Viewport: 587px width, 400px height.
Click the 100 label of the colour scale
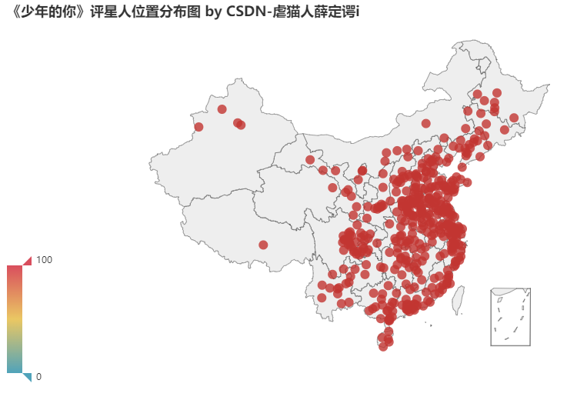click(44, 260)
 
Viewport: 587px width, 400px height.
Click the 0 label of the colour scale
click(38, 376)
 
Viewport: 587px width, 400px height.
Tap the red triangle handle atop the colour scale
click(27, 261)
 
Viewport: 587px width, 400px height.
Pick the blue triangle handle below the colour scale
click(27, 376)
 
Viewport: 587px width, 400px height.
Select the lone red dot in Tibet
click(263, 245)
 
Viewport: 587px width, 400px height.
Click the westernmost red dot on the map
click(198, 127)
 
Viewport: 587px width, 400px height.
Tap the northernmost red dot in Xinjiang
click(222, 109)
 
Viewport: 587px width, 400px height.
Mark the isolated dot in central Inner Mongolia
click(425, 123)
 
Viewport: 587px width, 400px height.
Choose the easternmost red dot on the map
click(513, 118)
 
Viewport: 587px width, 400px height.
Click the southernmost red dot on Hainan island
click(383, 347)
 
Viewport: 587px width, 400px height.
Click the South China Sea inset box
click(510, 316)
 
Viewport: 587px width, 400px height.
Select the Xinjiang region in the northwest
click(223, 146)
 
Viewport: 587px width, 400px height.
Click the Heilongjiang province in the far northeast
click(492, 85)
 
